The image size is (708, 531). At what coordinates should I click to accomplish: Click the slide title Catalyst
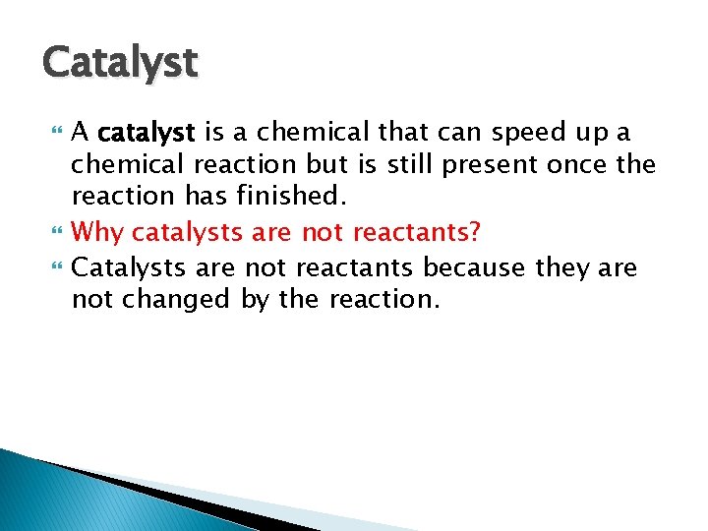tap(120, 64)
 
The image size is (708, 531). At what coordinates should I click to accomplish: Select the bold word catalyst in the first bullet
tap(147, 132)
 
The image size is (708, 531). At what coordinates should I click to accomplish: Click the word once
tap(578, 163)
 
